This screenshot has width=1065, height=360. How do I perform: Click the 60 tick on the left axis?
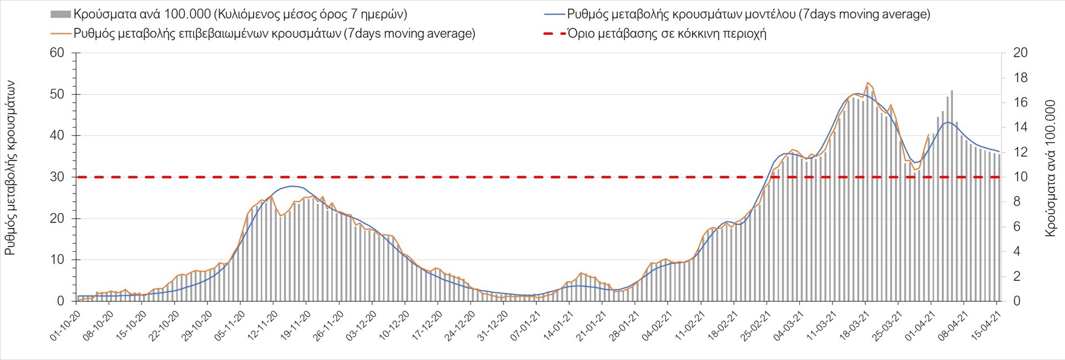coord(58,53)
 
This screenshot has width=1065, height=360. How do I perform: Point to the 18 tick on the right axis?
coord(1020,78)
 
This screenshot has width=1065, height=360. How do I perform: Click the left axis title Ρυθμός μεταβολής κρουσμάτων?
coord(10,168)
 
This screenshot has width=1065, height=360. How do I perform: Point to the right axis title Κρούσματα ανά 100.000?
coord(1050,168)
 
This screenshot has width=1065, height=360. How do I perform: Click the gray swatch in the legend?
coord(60,14)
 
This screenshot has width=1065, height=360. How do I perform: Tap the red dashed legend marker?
coord(554,34)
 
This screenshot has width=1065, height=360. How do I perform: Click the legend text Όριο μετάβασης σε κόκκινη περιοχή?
coord(667,34)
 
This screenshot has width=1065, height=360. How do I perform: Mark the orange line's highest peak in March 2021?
coord(868,83)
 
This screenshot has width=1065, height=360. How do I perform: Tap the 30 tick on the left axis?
coord(58,178)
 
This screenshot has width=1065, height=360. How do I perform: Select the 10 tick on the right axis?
coord(1020,178)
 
